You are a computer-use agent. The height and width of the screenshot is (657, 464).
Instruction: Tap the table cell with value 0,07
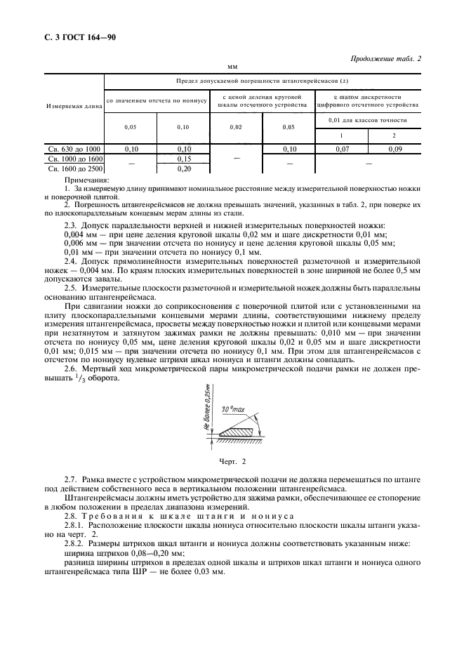click(x=343, y=149)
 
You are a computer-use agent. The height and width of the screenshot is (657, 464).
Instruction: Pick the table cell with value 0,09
click(x=395, y=149)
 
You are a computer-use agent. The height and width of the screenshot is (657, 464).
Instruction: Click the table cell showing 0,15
click(x=184, y=159)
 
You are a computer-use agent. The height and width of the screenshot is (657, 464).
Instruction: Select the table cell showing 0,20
click(x=184, y=168)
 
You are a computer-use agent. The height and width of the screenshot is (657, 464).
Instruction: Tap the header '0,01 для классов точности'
click(x=369, y=121)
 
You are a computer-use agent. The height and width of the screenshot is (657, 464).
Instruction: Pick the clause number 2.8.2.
click(x=74, y=544)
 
